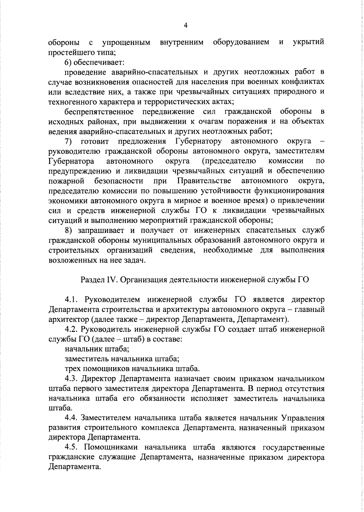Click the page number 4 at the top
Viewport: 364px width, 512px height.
click(x=186, y=26)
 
